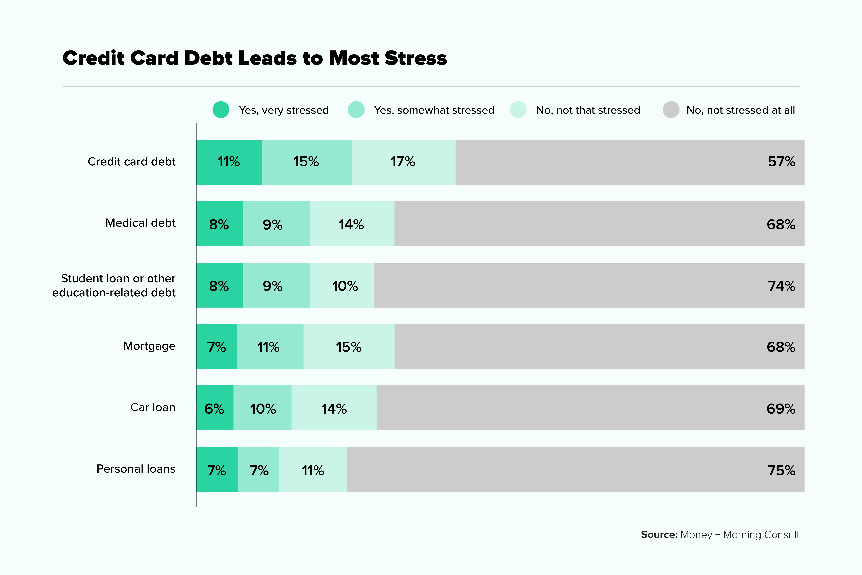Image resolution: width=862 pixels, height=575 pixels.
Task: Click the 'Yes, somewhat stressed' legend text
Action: click(434, 110)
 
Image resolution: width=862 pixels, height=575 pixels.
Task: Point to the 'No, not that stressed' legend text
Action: click(588, 110)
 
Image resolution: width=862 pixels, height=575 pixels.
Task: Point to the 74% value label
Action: click(781, 286)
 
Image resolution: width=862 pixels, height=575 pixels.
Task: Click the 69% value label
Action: click(781, 409)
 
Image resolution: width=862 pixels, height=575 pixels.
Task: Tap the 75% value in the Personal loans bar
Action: click(781, 470)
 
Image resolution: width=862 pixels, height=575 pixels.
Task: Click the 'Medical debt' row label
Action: click(140, 223)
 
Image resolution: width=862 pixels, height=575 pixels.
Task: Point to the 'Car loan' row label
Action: click(153, 407)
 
